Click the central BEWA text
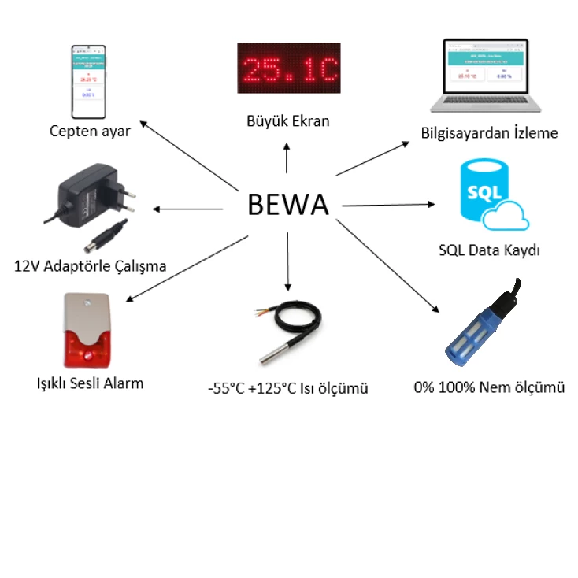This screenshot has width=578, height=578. click(x=287, y=204)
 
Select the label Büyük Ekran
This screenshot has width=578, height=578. click(x=288, y=121)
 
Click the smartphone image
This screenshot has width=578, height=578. click(x=90, y=80)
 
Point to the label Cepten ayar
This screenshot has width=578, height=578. click(x=90, y=131)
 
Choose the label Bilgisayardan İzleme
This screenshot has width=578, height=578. click(x=489, y=133)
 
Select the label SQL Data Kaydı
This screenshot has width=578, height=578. click(x=489, y=251)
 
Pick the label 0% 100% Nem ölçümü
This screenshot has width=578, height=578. click(x=489, y=387)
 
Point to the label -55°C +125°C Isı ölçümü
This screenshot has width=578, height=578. click(x=288, y=388)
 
